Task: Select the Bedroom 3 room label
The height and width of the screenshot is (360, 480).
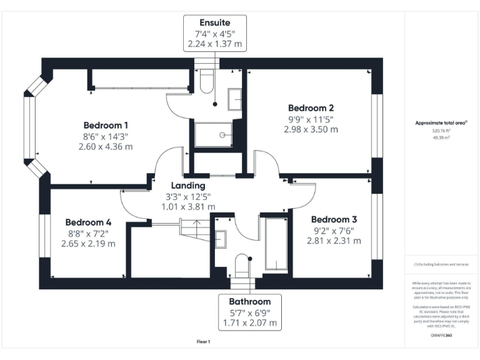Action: pos(334,219)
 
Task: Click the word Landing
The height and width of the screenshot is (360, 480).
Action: pos(188,186)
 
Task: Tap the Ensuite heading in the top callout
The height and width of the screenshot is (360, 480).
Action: pos(214,22)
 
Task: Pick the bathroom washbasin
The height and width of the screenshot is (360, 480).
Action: pos(221,239)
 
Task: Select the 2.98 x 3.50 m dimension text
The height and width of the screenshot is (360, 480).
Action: pos(311,129)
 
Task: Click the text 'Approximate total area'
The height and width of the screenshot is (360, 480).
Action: pos(434,123)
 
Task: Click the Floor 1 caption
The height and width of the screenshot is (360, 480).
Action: pos(204,342)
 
